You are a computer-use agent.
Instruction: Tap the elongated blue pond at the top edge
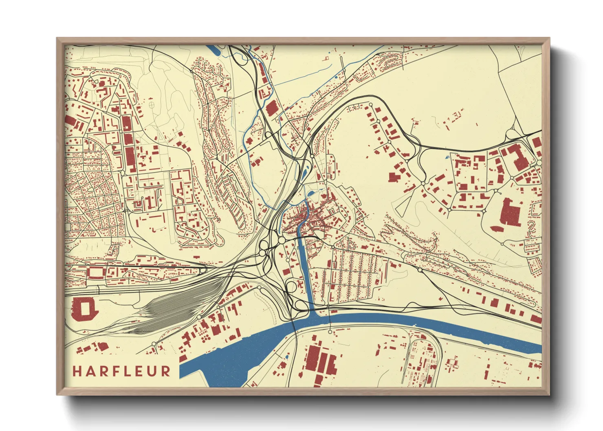point(214,51)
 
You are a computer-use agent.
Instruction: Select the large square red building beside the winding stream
point(271,108)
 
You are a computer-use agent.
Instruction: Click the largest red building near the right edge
point(511,212)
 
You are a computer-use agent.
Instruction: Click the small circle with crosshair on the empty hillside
point(152,105)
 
